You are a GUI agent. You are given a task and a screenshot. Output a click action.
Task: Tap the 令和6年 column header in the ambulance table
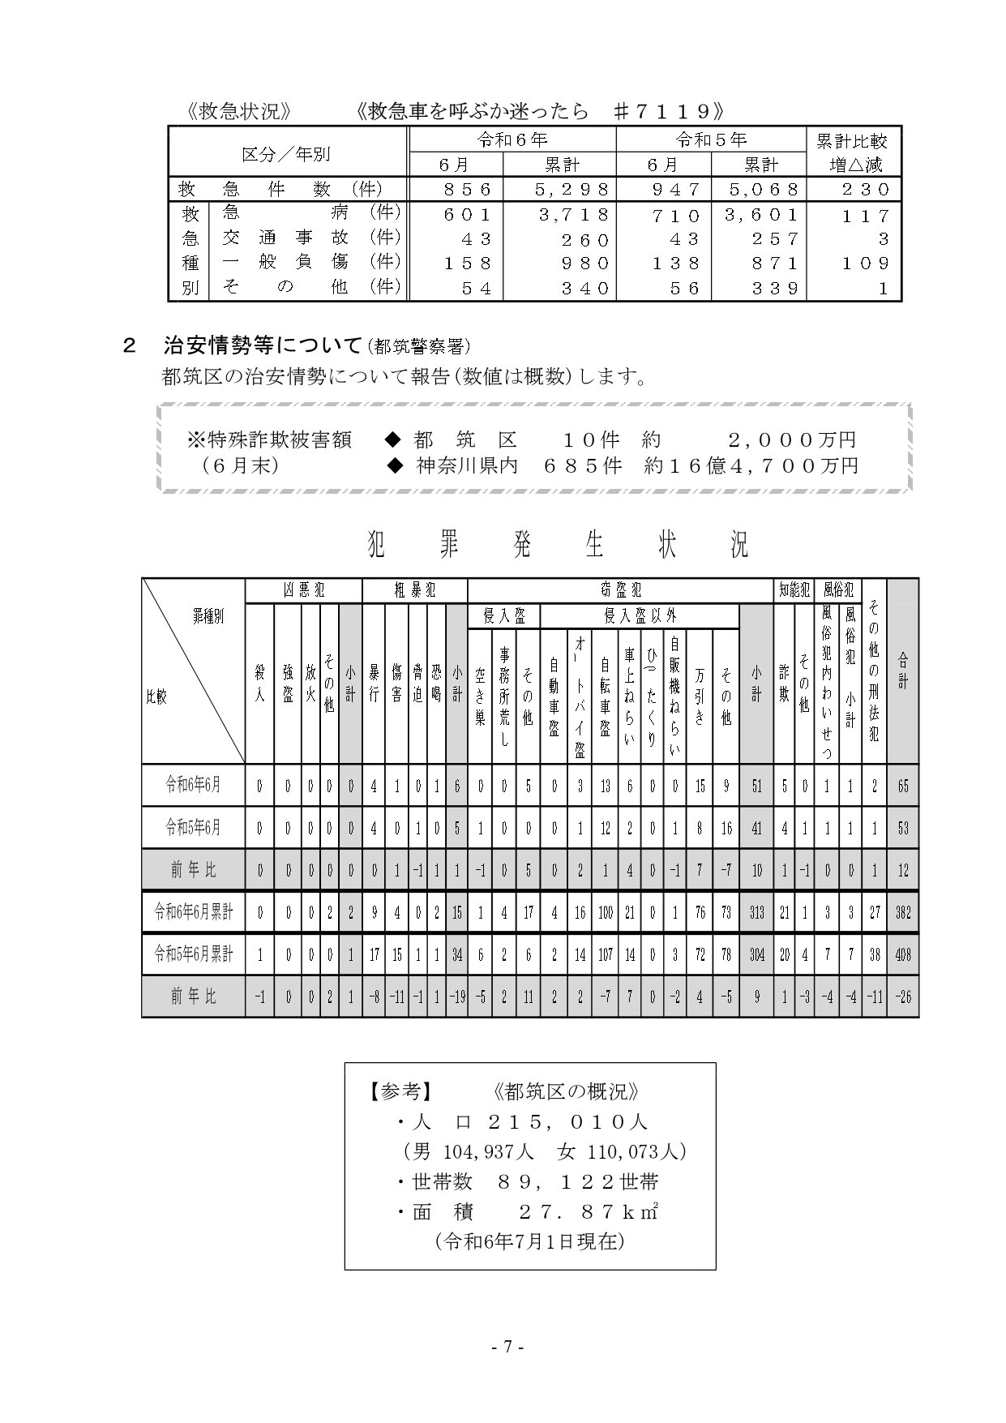[x=512, y=140]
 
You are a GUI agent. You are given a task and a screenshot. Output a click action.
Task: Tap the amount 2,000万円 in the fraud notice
[x=792, y=440]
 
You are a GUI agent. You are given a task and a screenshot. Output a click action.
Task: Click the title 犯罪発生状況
[x=559, y=546]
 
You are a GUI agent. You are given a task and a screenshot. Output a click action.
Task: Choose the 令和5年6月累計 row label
[x=194, y=954]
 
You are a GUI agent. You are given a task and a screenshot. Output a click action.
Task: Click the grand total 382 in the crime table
[x=902, y=913]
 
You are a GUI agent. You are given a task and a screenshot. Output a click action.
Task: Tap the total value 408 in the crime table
[x=902, y=954]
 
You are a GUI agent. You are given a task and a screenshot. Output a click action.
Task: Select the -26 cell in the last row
[x=902, y=997]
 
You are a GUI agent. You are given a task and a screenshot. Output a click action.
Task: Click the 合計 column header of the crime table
[x=902, y=671]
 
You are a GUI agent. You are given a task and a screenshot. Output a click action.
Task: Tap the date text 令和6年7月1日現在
[x=529, y=1241]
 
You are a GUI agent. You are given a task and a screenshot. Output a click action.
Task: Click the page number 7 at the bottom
[x=507, y=1347]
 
